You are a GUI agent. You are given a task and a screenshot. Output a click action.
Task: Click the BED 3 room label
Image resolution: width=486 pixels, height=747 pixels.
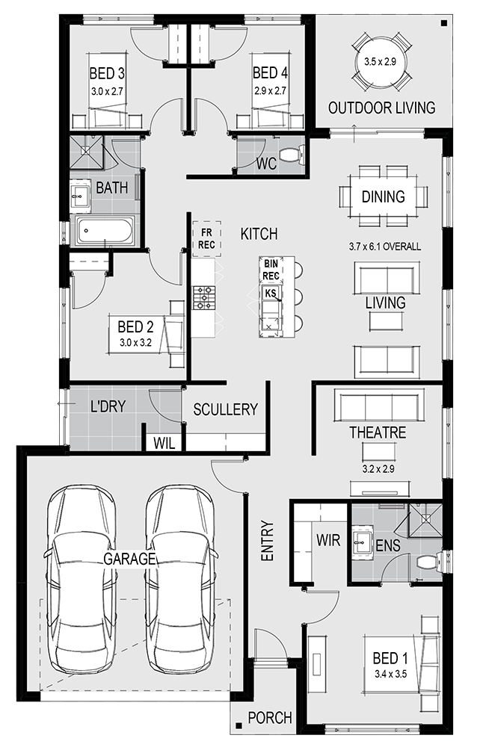(107, 73)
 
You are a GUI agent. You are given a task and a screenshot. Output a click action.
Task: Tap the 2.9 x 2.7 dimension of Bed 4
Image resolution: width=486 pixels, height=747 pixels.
(270, 90)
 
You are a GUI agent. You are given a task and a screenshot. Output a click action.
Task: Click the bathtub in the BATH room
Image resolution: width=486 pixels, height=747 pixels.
(102, 231)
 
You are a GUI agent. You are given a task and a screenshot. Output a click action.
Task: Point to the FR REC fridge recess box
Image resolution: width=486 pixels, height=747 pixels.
(206, 239)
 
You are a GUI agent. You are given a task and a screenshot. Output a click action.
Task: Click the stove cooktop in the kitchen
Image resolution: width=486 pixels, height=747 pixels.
(204, 298)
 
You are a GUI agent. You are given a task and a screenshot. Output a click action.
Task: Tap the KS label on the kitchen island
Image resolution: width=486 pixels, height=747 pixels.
(271, 293)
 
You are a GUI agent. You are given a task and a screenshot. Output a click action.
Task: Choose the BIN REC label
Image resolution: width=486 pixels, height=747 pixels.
(271, 270)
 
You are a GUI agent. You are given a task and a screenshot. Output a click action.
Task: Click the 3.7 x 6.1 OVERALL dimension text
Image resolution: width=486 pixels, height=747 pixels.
(384, 247)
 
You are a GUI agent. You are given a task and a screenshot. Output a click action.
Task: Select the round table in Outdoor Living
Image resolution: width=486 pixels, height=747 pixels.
(380, 62)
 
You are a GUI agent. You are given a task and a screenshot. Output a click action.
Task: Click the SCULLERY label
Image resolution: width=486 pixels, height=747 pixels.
(225, 409)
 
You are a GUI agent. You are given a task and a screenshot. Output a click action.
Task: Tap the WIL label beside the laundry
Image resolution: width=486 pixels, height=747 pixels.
(164, 444)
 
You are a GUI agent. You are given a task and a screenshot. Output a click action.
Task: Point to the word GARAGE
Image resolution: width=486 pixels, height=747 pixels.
(130, 558)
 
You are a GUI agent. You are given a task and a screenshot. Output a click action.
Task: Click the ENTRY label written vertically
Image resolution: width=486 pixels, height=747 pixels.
(267, 540)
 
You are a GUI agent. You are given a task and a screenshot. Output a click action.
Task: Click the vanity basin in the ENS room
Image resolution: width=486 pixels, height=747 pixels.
(363, 541)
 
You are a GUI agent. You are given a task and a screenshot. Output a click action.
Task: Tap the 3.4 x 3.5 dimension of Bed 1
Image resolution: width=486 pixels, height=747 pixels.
(390, 674)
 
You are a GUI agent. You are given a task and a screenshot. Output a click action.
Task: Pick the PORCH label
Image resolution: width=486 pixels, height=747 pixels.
(270, 717)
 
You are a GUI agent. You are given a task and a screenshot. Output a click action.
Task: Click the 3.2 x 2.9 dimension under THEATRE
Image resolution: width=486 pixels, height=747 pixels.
(378, 469)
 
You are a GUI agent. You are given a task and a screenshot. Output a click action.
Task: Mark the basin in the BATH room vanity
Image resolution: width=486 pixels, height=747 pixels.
(80, 195)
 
